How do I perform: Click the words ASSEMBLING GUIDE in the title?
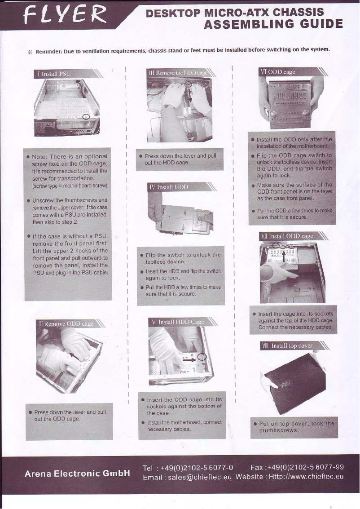(x=273, y=24)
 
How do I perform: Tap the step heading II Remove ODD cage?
(x=66, y=323)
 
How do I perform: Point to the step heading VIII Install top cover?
(x=288, y=345)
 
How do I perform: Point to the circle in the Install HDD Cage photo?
(x=202, y=357)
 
